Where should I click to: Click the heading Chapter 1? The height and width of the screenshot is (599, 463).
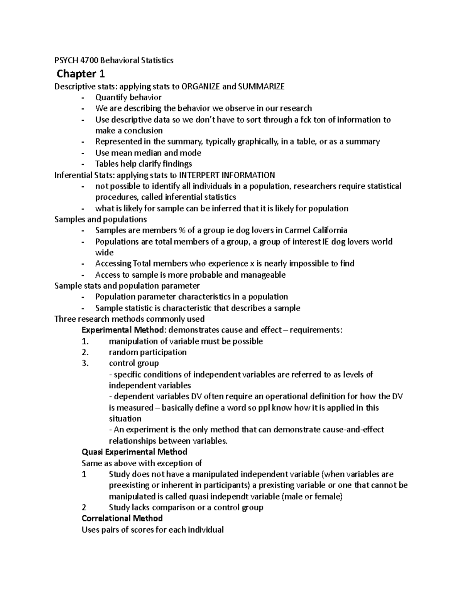coord(81,73)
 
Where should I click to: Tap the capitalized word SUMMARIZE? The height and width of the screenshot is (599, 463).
coord(261,86)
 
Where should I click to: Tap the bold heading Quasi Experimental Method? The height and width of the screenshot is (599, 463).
coord(134,452)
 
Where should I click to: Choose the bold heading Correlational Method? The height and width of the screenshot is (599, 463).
coord(122,518)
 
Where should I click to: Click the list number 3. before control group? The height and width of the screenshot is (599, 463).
coord(85,363)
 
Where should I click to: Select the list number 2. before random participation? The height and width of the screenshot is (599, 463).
coord(85,352)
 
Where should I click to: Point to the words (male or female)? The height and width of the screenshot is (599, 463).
coord(313,496)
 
